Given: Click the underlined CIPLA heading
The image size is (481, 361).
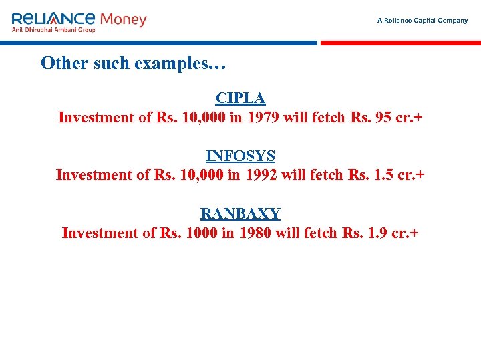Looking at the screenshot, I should [240, 98].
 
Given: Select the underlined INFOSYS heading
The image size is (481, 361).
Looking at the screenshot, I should [240, 156].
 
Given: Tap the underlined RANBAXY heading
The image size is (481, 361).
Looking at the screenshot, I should [240, 214].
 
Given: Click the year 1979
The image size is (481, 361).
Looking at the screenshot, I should [263, 118].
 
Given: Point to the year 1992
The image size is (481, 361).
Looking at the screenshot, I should [261, 175].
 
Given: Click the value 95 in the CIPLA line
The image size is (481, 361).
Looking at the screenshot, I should [384, 118].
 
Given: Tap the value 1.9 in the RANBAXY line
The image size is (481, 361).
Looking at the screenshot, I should [377, 233].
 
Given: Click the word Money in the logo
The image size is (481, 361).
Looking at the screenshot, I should [123, 19].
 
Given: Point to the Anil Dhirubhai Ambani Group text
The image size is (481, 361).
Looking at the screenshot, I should [53, 30].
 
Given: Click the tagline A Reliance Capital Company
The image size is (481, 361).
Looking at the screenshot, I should [422, 21].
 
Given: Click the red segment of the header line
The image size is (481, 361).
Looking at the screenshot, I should [400, 43].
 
